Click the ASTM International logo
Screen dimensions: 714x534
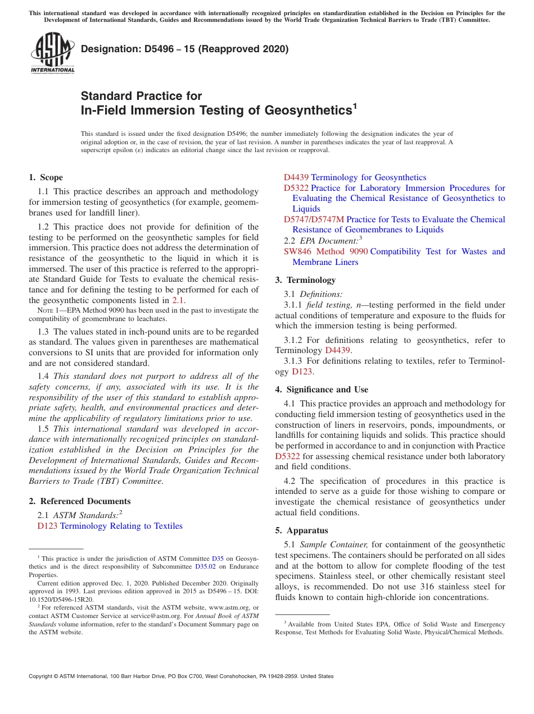coord(52,53)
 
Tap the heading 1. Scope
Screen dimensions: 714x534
coord(46,177)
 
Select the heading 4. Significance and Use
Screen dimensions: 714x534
coord(322,390)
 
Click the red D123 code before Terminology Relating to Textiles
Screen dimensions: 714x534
coord(47,526)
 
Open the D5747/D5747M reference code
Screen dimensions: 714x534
coord(314,219)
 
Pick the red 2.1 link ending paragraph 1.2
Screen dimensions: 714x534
coord(178,300)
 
